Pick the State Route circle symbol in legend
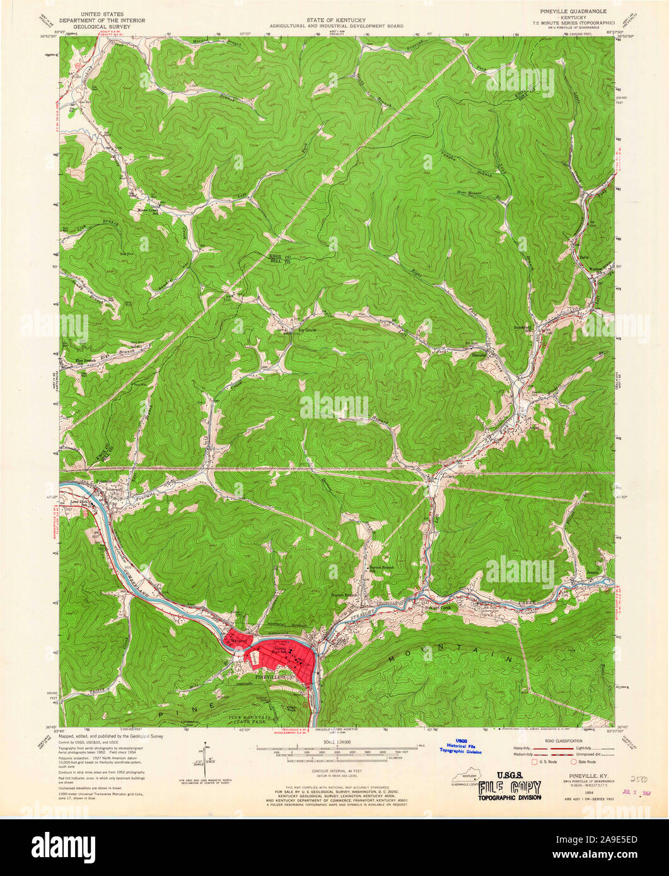[574, 761]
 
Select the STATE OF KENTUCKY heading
[334, 20]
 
